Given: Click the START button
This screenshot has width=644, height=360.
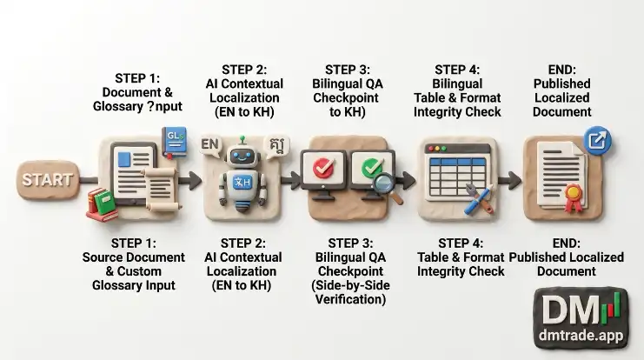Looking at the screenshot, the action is tap(48, 180).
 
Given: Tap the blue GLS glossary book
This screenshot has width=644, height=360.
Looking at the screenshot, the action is tap(175, 142).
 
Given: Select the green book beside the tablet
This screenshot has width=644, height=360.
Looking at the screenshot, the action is tap(103, 203).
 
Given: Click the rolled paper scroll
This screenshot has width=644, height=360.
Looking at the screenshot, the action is tap(161, 189).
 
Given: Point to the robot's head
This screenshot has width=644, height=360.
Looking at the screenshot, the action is tap(242, 156).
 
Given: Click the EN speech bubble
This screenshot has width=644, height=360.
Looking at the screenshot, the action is tap(210, 144).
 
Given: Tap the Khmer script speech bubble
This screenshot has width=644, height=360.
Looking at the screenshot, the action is tap(277, 146).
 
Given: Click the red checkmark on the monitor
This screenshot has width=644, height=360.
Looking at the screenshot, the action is tap(323, 168).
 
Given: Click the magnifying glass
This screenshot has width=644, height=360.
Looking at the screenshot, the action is tap(388, 187).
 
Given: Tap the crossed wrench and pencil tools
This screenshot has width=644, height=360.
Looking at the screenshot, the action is tap(479, 199).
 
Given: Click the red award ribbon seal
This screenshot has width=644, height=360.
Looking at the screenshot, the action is tap(573, 197).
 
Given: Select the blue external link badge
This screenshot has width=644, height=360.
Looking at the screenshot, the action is tap(598, 141).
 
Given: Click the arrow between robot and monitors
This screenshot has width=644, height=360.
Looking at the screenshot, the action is tap(291, 180).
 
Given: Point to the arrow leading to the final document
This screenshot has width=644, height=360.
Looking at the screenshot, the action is tap(509, 180).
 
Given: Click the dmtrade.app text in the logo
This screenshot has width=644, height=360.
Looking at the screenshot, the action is tap(581, 335).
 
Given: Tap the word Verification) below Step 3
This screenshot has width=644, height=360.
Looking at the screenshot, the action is tap(350, 299).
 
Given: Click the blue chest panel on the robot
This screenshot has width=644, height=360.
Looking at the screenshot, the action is tap(242, 183).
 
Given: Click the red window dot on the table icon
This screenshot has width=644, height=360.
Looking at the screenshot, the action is tap(431, 149).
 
